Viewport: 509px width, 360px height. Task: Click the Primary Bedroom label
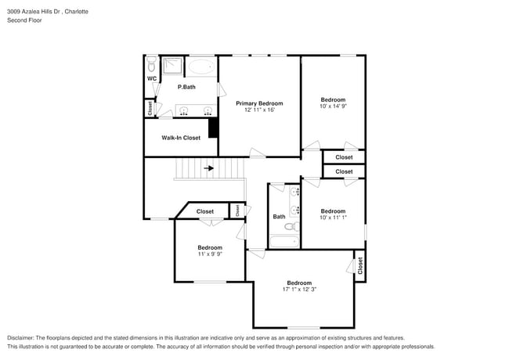[259, 103]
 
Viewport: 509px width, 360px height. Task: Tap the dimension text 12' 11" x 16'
[259, 110]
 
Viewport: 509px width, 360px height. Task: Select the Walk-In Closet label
[181, 138]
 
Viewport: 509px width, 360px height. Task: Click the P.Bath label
[186, 87]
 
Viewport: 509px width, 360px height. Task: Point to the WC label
[151, 79]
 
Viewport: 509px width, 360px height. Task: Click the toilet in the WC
[151, 62]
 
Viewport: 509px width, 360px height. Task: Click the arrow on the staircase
[209, 167]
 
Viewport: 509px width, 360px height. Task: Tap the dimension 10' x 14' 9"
[333, 107]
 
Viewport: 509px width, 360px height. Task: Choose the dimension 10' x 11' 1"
[333, 218]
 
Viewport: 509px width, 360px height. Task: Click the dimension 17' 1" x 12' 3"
[299, 290]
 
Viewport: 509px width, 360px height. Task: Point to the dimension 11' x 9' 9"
[209, 254]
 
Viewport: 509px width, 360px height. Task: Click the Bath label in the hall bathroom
[279, 217]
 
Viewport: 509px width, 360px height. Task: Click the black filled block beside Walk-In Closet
[212, 128]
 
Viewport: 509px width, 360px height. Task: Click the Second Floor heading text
[24, 20]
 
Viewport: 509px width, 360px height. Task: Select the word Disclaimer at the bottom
[23, 337]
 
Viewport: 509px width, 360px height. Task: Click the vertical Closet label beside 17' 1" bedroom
[360, 266]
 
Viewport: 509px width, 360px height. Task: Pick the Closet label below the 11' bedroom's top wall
[204, 211]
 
